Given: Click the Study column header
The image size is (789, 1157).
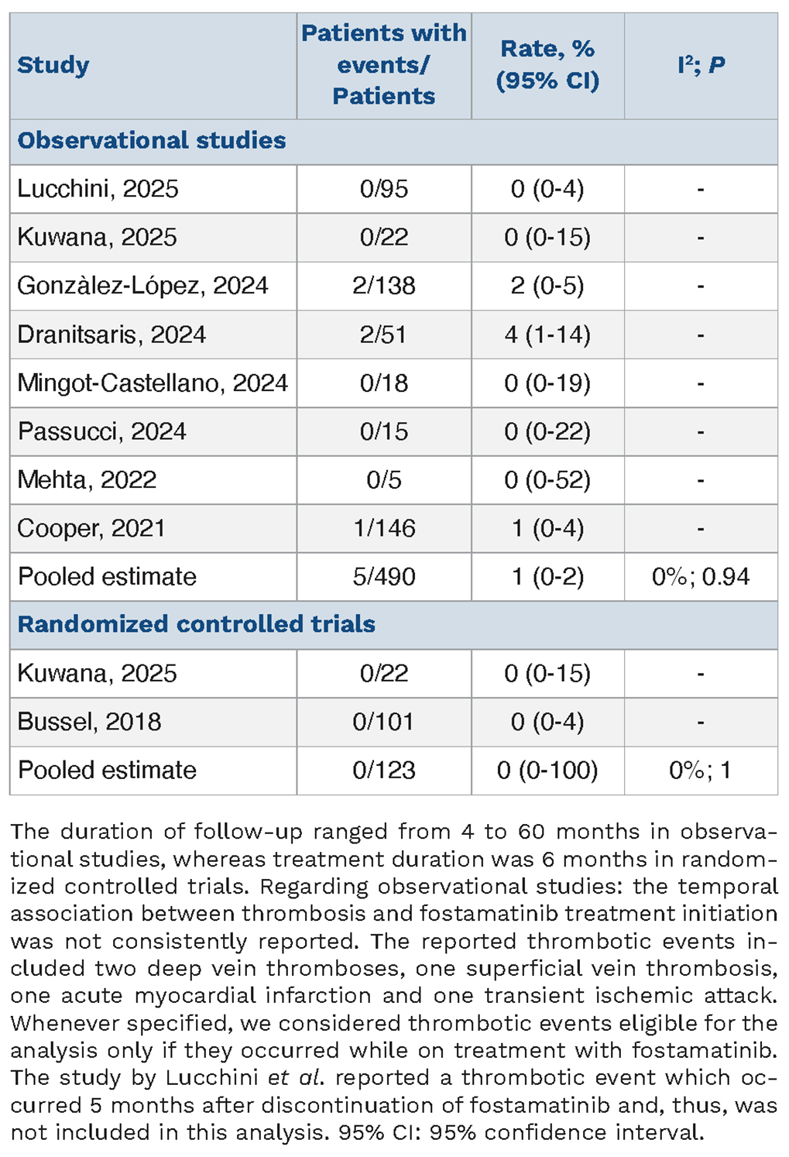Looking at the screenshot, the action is [53, 66].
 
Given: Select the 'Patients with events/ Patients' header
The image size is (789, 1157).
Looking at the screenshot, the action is [383, 65].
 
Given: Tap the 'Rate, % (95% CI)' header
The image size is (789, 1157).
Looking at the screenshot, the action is [547, 65].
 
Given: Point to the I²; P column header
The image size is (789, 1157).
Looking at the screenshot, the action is [702, 66].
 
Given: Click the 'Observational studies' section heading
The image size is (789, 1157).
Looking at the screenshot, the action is [152, 140].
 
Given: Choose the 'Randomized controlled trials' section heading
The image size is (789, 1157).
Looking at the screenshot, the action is [196, 624].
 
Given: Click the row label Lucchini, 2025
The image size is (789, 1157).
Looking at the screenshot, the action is [98, 189].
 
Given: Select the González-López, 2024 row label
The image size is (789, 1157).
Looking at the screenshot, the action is [143, 286].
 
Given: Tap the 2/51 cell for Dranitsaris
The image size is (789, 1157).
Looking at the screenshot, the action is [383, 335].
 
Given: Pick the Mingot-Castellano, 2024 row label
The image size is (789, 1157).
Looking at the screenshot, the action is [153, 383].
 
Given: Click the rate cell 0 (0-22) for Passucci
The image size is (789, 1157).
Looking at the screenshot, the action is [547, 431].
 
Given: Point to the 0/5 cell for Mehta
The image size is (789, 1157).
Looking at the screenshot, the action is [383, 480].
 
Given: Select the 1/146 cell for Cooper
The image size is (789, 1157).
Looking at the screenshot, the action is [383, 528].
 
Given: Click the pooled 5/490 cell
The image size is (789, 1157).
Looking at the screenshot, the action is [383, 577].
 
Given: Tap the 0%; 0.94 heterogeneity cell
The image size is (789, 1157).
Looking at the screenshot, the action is [701, 577].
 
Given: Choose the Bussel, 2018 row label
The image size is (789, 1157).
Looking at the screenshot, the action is [89, 722].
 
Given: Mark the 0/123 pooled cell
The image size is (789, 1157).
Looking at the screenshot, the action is [383, 770].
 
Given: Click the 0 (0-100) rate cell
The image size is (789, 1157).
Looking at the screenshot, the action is [547, 770].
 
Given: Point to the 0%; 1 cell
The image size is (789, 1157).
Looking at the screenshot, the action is [701, 770].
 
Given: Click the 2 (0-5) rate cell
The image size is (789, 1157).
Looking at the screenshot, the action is [547, 286].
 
